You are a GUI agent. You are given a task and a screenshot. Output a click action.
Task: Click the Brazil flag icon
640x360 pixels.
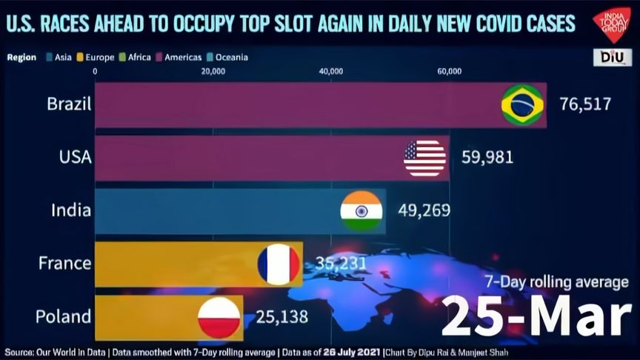522,104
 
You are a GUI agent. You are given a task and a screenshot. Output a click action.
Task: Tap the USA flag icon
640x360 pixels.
424,158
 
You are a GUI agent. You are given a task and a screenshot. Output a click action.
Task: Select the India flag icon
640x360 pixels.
361,210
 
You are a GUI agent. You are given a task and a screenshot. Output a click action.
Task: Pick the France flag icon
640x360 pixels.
279,264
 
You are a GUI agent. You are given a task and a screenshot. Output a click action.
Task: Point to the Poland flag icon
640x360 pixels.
219,317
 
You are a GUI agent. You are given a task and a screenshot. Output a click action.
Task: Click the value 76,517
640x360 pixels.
585,104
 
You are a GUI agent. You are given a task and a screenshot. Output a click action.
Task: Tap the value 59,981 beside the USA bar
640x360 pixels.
487,158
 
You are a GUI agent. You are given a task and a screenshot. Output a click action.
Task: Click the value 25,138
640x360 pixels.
281,317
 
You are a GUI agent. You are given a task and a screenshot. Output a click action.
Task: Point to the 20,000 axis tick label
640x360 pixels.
213,72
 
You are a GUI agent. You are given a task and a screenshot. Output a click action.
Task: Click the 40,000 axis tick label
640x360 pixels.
330,72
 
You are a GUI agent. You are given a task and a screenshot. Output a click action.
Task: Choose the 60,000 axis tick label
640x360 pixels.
449,72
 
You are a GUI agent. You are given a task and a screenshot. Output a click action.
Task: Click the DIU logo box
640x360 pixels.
612,57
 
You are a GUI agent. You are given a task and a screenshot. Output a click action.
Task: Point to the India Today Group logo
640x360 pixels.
611,24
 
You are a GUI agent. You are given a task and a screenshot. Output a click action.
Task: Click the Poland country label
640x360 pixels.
63,317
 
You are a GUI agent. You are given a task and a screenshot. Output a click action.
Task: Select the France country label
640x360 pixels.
65,264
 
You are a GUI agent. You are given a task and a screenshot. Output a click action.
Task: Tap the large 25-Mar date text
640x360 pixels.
537,316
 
